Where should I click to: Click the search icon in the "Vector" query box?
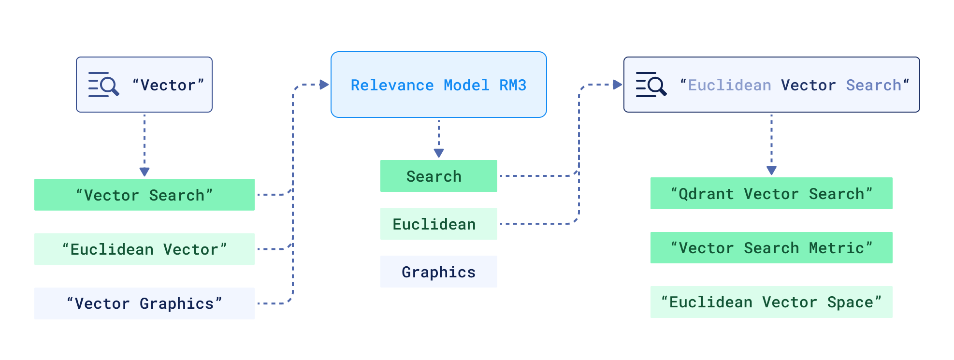[x=103, y=85]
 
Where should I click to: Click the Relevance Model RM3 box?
[x=438, y=85]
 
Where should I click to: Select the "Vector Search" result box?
[x=144, y=195]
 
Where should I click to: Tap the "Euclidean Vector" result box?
[x=144, y=249]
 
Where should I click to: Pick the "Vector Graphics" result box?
[x=144, y=303]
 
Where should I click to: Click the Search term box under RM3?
[x=438, y=176]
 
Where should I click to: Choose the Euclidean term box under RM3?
[x=438, y=224]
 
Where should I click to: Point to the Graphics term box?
[x=438, y=272]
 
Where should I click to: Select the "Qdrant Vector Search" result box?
[x=771, y=194]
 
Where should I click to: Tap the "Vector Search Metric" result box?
[x=771, y=248]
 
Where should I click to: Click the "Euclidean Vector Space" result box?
[x=771, y=302]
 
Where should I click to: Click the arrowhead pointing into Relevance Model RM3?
[x=324, y=85]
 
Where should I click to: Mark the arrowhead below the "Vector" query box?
[x=144, y=172]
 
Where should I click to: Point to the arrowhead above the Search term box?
[x=439, y=153]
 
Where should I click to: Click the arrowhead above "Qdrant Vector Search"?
[x=771, y=171]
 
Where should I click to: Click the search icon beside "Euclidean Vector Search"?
[x=650, y=85]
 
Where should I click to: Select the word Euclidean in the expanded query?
[x=729, y=86]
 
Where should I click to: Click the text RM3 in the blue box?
[x=513, y=86]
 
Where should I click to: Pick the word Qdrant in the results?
[x=706, y=194]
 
